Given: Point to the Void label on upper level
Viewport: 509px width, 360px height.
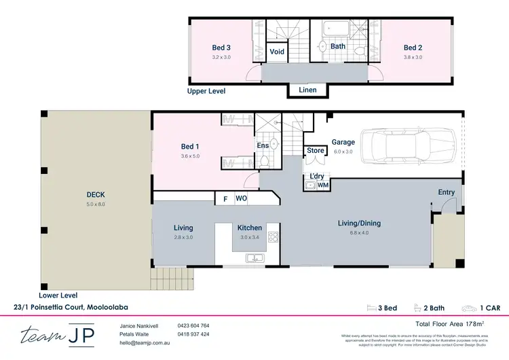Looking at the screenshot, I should tap(277, 52).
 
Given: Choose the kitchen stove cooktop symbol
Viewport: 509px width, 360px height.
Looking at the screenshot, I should tap(273, 237).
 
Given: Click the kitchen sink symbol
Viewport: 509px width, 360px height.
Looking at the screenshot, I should tap(257, 257).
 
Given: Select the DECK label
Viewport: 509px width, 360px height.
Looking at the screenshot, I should tap(96, 194).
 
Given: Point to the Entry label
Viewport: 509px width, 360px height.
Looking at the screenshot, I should tap(446, 192).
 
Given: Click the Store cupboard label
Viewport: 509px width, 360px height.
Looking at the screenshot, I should tap(315, 151).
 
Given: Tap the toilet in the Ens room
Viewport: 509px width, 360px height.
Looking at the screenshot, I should tap(264, 162).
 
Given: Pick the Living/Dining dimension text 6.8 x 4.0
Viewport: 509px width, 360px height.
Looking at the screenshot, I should tap(360, 232).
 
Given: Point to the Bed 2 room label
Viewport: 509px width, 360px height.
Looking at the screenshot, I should tap(413, 48).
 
